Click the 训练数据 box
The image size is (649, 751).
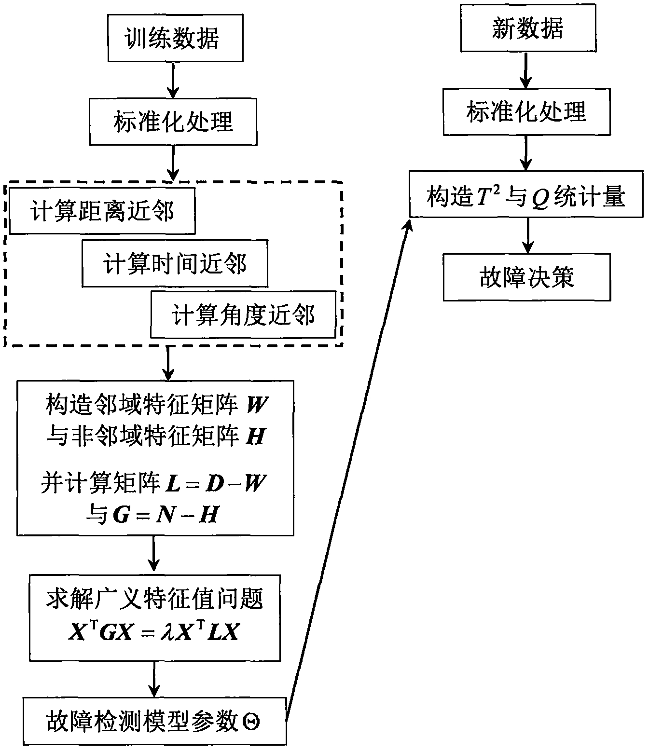[x=176, y=38]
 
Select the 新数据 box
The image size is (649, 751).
[x=528, y=28]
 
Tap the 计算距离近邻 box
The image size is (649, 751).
[x=102, y=211]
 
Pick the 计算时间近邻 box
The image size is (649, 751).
[x=175, y=263]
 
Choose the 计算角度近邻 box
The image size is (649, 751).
[x=243, y=314]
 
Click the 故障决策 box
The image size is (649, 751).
[x=526, y=277]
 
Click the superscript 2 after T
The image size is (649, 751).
[x=497, y=189]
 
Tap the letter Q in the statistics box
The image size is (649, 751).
[x=540, y=199]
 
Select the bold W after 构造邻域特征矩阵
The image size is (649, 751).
[x=257, y=404]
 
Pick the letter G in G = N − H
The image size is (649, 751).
[x=122, y=515]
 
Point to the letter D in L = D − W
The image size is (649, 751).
[x=215, y=484]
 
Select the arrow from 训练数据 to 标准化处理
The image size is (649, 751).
[x=173, y=80]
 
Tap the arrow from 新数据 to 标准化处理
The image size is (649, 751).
[x=526, y=70]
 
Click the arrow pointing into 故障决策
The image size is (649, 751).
[x=527, y=235]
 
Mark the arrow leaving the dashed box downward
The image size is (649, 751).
[x=168, y=363]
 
